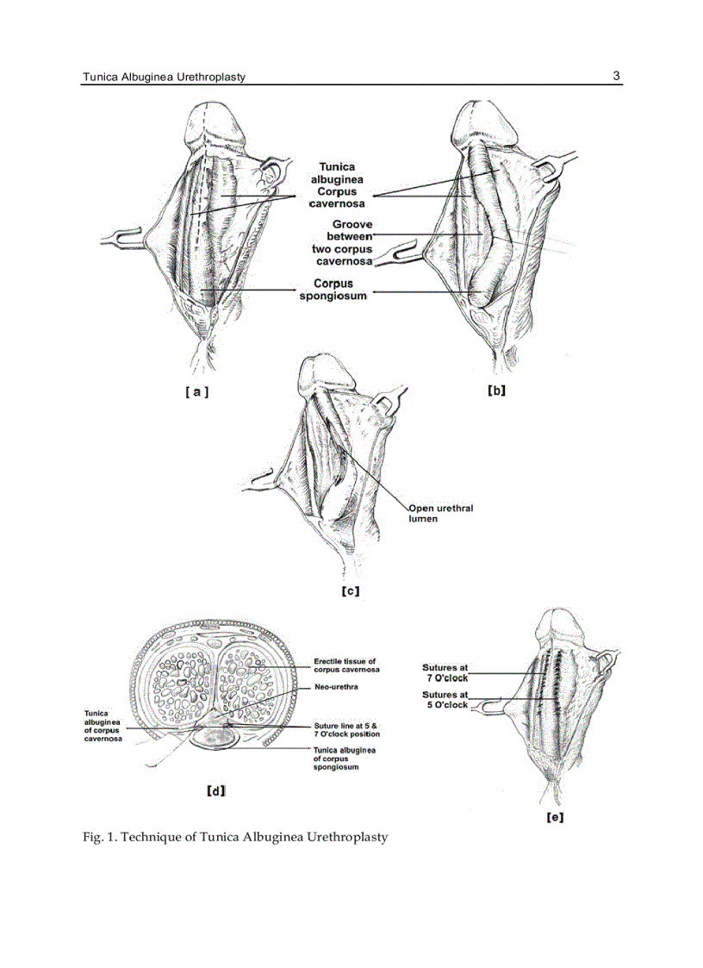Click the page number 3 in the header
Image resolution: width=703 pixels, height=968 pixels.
click(x=616, y=75)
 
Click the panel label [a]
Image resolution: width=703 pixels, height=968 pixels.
click(x=196, y=391)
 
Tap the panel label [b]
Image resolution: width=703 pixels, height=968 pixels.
click(x=496, y=390)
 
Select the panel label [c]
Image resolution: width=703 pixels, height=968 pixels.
click(x=350, y=591)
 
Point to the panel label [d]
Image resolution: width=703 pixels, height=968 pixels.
click(x=216, y=790)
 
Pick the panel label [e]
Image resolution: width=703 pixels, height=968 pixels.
click(x=556, y=817)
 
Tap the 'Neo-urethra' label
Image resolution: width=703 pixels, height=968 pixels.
click(x=336, y=687)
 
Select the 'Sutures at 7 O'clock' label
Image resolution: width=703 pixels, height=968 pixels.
click(x=445, y=672)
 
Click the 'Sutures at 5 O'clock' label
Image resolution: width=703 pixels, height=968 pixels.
click(x=445, y=699)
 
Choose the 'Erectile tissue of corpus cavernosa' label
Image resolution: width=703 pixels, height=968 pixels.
click(x=345, y=665)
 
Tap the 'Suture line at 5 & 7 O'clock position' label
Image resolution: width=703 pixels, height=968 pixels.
click(x=345, y=730)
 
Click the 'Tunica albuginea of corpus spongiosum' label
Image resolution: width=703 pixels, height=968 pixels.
click(x=344, y=759)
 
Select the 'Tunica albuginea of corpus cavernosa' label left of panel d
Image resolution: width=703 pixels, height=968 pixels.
click(x=103, y=726)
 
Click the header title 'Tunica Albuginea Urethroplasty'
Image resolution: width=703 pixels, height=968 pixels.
click(x=164, y=77)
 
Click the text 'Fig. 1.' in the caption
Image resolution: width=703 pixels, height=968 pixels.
click(x=100, y=837)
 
